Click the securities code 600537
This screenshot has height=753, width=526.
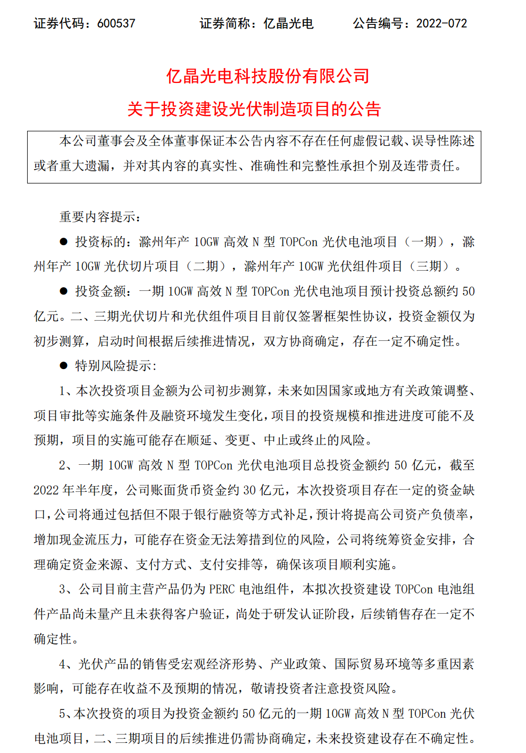pos(116,23)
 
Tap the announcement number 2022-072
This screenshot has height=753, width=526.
pos(441,23)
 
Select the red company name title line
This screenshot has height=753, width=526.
pos(268,76)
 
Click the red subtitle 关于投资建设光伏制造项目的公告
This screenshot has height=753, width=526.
pos(254,109)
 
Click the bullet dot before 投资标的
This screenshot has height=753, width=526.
pos(64,242)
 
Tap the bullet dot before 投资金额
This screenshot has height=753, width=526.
pos(64,291)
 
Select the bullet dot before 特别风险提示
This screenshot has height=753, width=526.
pos(64,366)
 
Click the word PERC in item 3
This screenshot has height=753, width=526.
pos(222,589)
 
